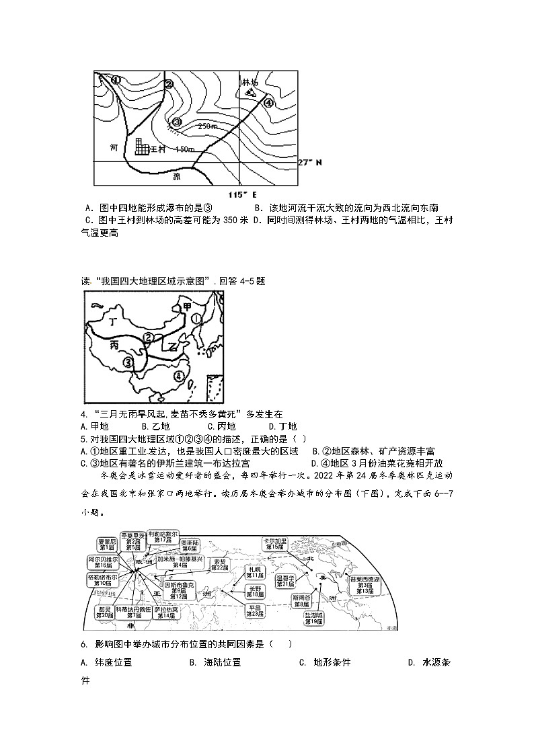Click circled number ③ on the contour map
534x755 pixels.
(177, 122)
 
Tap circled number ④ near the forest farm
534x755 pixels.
(268, 103)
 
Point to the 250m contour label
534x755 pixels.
(208, 126)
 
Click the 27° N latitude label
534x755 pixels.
(310, 163)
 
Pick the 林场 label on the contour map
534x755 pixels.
(250, 82)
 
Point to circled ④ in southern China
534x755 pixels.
(180, 376)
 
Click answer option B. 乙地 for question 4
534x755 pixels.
(155, 426)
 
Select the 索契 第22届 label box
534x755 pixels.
(219, 565)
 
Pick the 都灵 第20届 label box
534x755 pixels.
(104, 611)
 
